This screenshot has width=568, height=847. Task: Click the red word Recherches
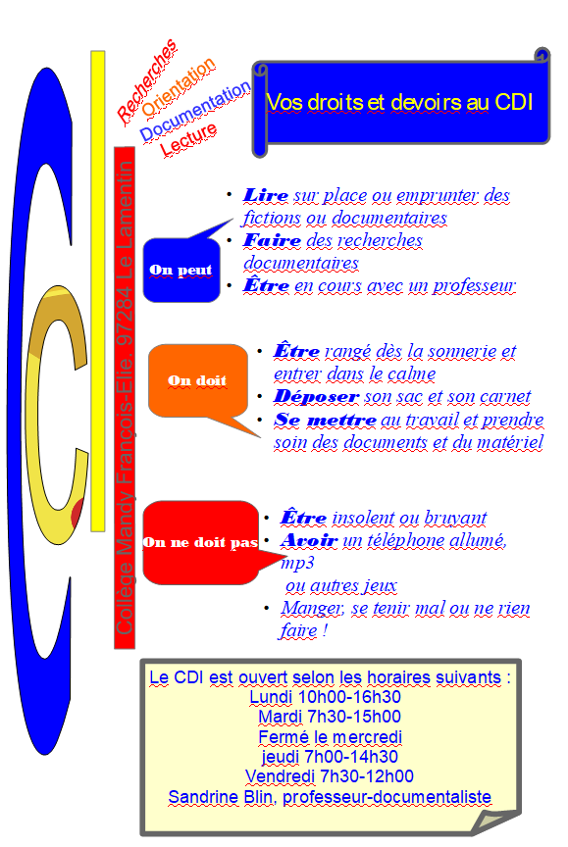[x=146, y=80]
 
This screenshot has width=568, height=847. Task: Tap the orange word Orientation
[x=179, y=87]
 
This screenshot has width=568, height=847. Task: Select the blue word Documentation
[x=195, y=112]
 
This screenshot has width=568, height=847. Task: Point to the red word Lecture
[x=188, y=139]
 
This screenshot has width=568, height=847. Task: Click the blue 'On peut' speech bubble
[x=181, y=269]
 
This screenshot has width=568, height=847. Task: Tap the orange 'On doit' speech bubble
[x=197, y=380]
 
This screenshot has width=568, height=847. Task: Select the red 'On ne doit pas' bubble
[x=200, y=542]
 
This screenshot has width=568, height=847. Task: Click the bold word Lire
[x=265, y=195]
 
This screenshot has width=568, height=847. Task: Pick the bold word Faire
[x=272, y=240]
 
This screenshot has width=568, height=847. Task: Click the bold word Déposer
[x=316, y=396]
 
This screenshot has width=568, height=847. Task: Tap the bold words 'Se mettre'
[x=326, y=420]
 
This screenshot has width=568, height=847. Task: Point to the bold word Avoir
[x=309, y=540]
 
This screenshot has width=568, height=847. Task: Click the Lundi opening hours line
[x=326, y=697]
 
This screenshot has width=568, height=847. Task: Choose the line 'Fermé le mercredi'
[x=331, y=737]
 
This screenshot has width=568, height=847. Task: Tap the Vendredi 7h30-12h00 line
[x=330, y=776]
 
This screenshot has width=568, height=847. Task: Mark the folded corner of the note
[x=494, y=822]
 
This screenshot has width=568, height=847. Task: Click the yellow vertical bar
[x=98, y=291]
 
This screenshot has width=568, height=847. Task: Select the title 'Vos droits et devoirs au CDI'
[x=400, y=103]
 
